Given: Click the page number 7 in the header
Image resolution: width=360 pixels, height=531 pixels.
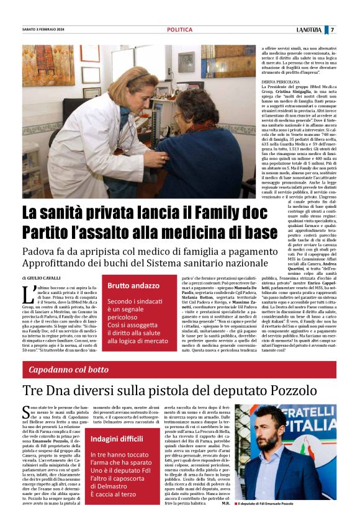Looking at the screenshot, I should click(x=332, y=29).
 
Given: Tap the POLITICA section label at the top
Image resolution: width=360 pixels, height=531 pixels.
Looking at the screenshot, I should click(x=179, y=30).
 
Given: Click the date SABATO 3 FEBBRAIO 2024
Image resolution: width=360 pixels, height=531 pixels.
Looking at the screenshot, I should click(x=46, y=30).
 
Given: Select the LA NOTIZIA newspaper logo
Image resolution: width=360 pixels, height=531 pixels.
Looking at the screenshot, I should click(x=308, y=29).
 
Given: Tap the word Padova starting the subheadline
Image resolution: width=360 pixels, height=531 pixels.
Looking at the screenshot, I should click(x=40, y=252).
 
